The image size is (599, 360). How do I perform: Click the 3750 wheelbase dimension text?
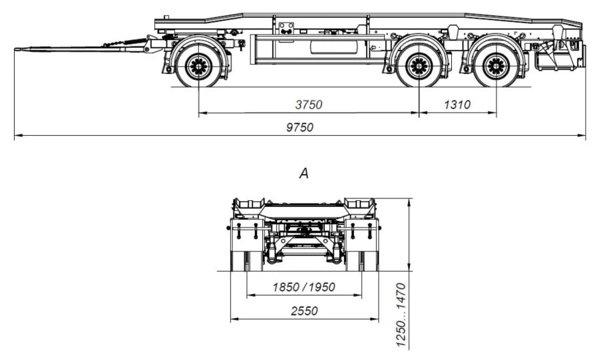(308, 104)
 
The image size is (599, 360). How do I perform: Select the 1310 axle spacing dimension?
(457, 104)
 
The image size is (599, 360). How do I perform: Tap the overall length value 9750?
(299, 128)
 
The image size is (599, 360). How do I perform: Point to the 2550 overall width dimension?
(303, 311)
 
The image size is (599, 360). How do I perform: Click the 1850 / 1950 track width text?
(303, 287)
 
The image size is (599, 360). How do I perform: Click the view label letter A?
(304, 174)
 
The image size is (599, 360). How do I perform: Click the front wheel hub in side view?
(198, 66)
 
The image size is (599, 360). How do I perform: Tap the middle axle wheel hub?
(419, 66)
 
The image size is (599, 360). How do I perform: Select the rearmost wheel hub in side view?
(497, 66)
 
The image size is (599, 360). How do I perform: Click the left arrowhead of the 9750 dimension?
(16, 136)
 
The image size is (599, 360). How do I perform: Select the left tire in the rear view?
(238, 260)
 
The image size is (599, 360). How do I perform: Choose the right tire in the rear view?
(370, 260)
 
